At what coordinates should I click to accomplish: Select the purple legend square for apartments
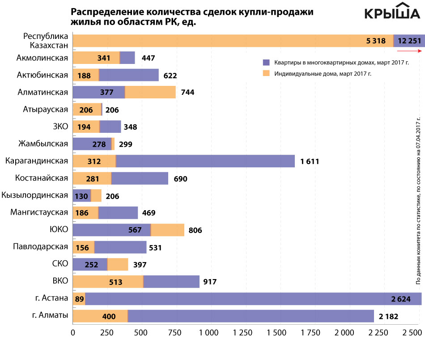[x=266, y=63]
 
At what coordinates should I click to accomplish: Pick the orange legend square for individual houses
[x=266, y=73]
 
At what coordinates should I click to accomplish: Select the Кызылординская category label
[x=35, y=195]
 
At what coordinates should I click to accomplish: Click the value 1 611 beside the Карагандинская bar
[x=310, y=161]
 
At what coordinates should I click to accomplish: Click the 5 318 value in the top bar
[x=375, y=41]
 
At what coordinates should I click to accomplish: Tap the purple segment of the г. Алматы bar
[x=251, y=316]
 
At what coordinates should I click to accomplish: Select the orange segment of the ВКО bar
[x=107, y=282]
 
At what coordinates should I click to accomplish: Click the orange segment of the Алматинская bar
[x=150, y=92]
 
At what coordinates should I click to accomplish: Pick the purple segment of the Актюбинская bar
[x=129, y=75]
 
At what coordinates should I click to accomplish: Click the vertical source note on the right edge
[x=418, y=201]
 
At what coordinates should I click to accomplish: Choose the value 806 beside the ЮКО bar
[x=195, y=230]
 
